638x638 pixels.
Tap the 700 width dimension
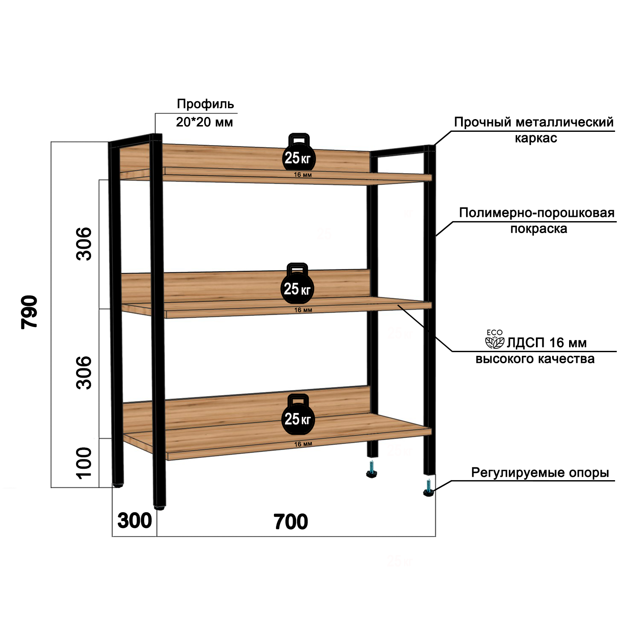291,522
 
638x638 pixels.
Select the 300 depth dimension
134,521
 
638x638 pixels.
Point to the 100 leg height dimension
84,463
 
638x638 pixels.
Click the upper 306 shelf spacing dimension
84,243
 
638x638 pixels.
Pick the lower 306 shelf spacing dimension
84,373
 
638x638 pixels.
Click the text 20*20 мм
205,122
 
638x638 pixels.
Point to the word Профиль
205,104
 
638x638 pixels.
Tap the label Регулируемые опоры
540,473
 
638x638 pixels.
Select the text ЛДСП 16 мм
547,342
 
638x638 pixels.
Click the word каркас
535,138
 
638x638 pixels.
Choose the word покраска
538,228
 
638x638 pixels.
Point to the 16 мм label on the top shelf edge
303,175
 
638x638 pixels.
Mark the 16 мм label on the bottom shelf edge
303,444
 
